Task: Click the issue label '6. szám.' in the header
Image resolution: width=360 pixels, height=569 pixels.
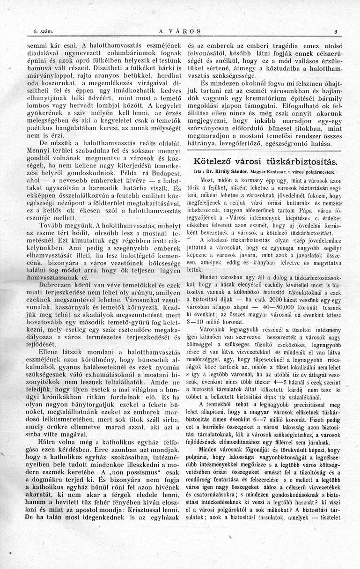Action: [x=42, y=32]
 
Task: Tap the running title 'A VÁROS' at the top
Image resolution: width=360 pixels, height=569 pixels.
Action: [x=180, y=32]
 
